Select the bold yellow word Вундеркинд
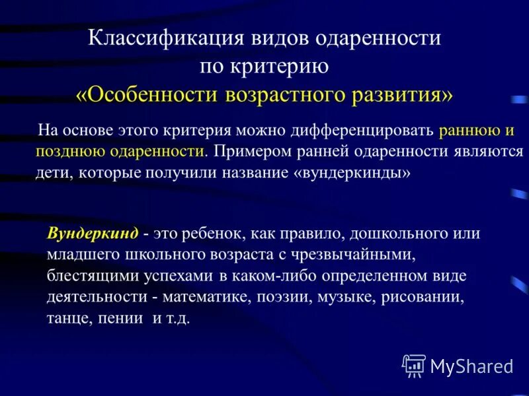[x=93, y=233]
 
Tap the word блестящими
[x=88, y=275]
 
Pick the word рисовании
[x=419, y=296]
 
